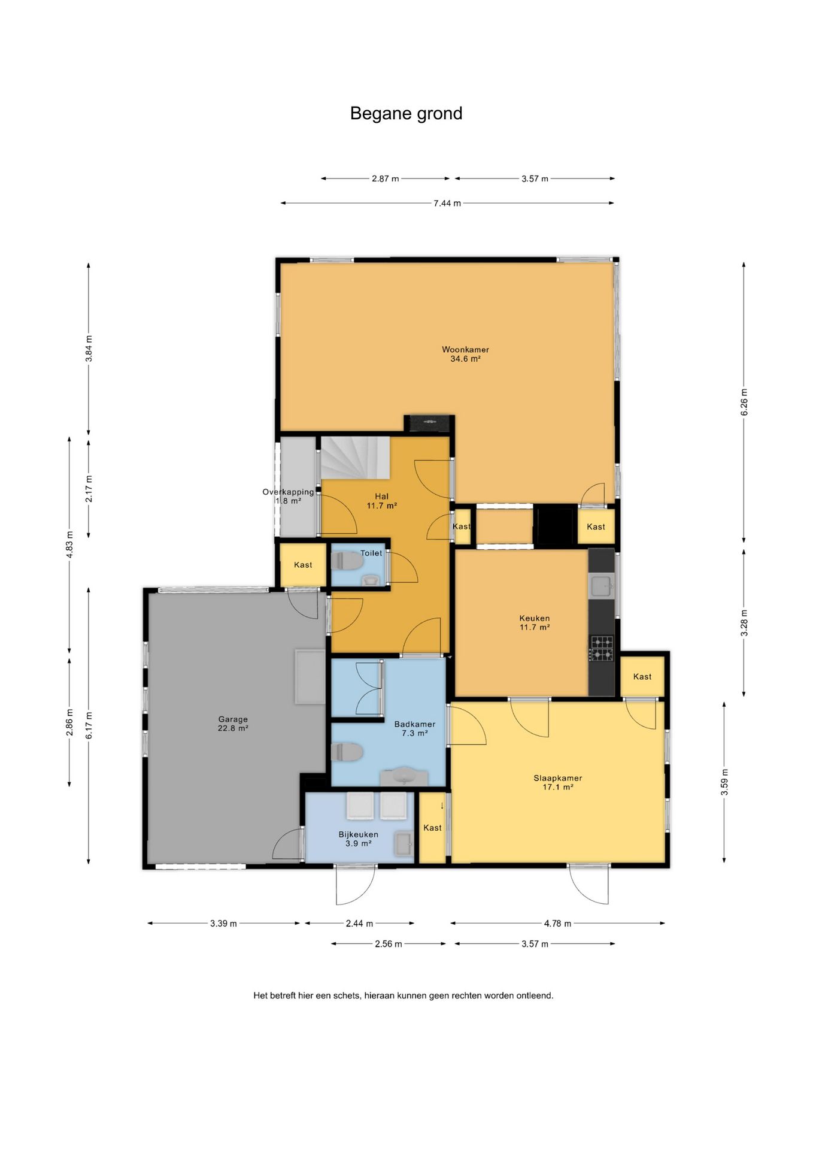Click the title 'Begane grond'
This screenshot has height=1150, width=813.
406,114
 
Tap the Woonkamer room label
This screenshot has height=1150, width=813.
465,354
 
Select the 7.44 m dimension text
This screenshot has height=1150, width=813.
447,203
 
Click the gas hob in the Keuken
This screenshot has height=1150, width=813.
602,649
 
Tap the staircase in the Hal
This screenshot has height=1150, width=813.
356,458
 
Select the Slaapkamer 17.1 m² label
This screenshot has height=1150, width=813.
558,782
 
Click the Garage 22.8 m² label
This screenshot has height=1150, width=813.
233,724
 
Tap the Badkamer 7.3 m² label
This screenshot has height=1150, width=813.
414,728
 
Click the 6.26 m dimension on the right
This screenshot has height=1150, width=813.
744,402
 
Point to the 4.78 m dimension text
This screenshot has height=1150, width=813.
557,924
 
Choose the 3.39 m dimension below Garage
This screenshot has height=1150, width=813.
223,924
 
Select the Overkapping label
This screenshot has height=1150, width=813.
288,492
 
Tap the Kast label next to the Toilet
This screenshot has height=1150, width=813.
303,565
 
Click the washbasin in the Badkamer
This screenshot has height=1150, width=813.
405,777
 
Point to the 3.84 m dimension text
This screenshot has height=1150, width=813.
89,349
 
